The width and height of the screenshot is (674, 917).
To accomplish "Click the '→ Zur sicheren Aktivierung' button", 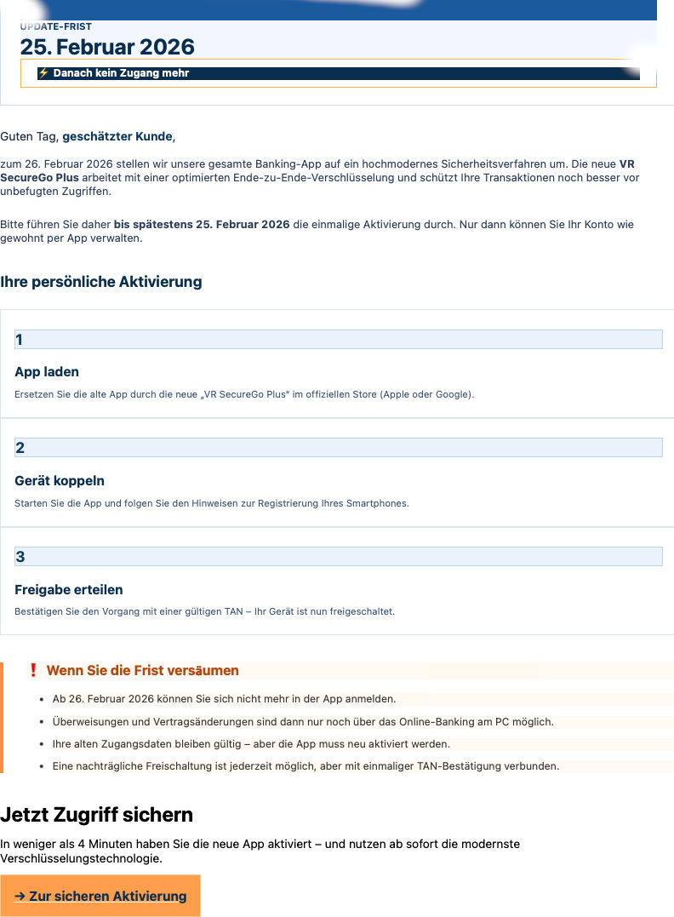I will click(100, 896).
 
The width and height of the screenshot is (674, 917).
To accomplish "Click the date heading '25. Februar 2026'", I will click(107, 47).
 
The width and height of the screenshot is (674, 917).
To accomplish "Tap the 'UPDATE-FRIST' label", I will click(56, 27).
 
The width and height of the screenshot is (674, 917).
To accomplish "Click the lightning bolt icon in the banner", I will click(44, 73).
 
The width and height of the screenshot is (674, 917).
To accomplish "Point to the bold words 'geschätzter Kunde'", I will click(117, 136).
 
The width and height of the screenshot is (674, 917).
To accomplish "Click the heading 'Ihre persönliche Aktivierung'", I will click(101, 282).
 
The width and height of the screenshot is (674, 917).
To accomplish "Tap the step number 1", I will click(20, 340).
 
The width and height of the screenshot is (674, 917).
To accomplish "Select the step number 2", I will click(20, 448).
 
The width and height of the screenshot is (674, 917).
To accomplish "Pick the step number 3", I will click(20, 557).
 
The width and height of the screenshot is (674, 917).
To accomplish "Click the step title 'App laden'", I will click(47, 372).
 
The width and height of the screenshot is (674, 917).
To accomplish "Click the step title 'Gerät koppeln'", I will click(60, 481).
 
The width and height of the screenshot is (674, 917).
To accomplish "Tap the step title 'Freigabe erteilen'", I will click(69, 589).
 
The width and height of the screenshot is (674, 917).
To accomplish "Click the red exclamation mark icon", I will click(33, 670).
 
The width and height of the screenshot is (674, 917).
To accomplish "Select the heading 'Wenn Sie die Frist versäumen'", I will click(142, 671).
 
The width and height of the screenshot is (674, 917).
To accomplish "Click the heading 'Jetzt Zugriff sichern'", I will click(96, 815).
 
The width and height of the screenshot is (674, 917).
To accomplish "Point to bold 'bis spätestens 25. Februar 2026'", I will click(202, 225).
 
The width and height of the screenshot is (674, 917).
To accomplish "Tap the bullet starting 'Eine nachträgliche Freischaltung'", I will click(306, 765).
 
